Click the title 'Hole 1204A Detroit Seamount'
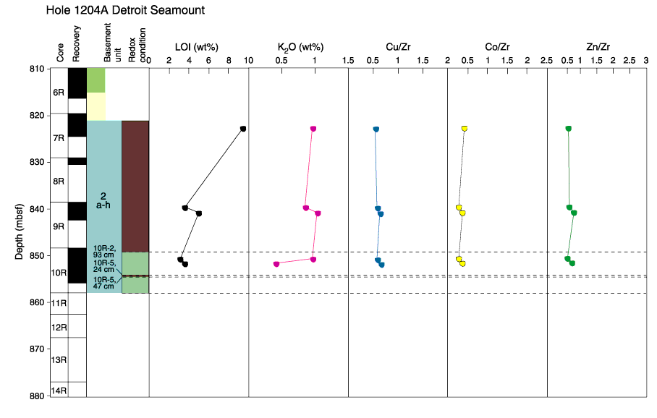pyautogui.click(x=125, y=10)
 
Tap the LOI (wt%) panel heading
pyautogui.click(x=197, y=47)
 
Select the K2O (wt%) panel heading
pyautogui.click(x=300, y=47)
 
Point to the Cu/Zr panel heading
pyautogui.click(x=398, y=47)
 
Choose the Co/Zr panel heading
pyautogui.click(x=497, y=47)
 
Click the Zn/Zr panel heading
pyautogui.click(x=598, y=47)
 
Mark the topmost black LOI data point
pyautogui.click(x=243, y=129)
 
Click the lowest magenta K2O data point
pyautogui.click(x=276, y=264)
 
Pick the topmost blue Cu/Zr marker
pyautogui.click(x=376, y=129)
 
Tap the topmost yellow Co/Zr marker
pyautogui.click(x=465, y=128)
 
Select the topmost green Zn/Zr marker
pyautogui.click(x=568, y=128)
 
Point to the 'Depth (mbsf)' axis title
pyautogui.click(x=19, y=231)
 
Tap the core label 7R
pyautogui.click(x=59, y=138)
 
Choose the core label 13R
pyautogui.click(x=59, y=359)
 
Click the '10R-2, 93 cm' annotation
pyautogui.click(x=104, y=251)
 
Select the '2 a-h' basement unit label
pyautogui.click(x=103, y=200)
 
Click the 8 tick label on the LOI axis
pyautogui.click(x=229, y=60)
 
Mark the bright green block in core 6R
pyautogui.click(x=96, y=80)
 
